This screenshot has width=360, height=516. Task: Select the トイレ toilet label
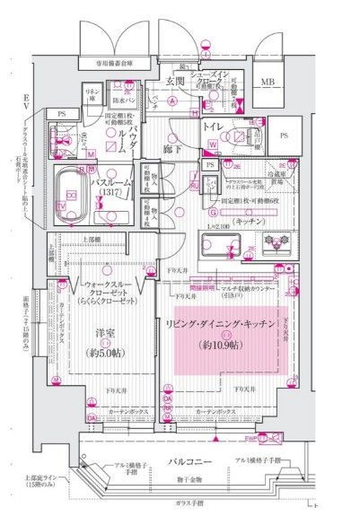pos(213,127)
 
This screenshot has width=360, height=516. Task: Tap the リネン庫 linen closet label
pos(92,95)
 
